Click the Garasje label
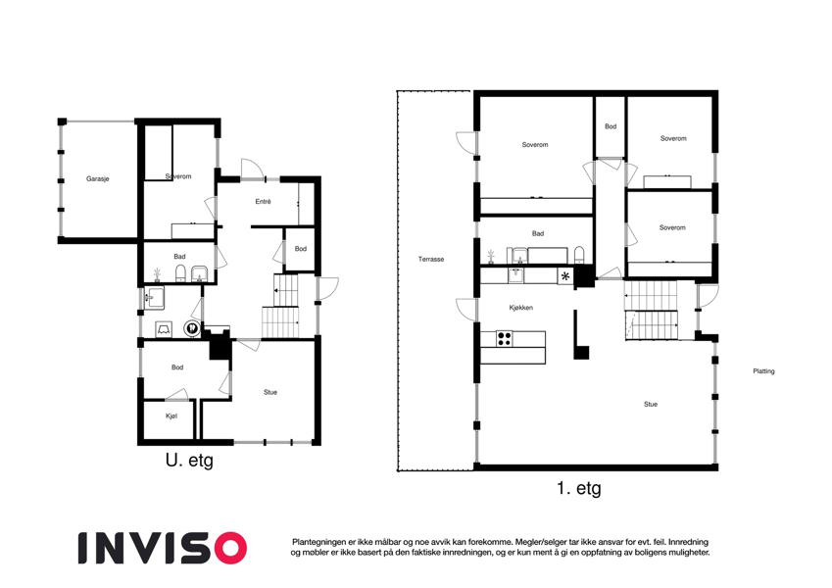pyautogui.click(x=98, y=178)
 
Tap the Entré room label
pyautogui.click(x=264, y=202)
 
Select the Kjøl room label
pyautogui.click(x=171, y=416)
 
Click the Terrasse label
pyautogui.click(x=431, y=260)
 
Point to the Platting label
pyautogui.click(x=763, y=371)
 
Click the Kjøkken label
pyautogui.click(x=520, y=308)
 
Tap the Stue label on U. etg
pyautogui.click(x=270, y=392)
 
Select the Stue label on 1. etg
pyautogui.click(x=651, y=405)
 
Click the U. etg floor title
pyautogui.click(x=189, y=460)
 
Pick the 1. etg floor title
pyautogui.click(x=579, y=488)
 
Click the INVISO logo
pyautogui.click(x=163, y=548)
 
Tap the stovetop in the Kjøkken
pyautogui.click(x=504, y=338)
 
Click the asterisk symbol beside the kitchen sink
pyautogui.click(x=565, y=276)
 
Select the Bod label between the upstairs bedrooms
pyautogui.click(x=611, y=126)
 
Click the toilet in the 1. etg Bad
pyautogui.click(x=579, y=255)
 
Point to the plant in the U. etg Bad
pyautogui.click(x=157, y=274)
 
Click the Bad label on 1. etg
pyautogui.click(x=538, y=233)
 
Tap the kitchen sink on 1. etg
pyautogui.click(x=515, y=275)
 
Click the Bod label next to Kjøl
pyautogui.click(x=177, y=367)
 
